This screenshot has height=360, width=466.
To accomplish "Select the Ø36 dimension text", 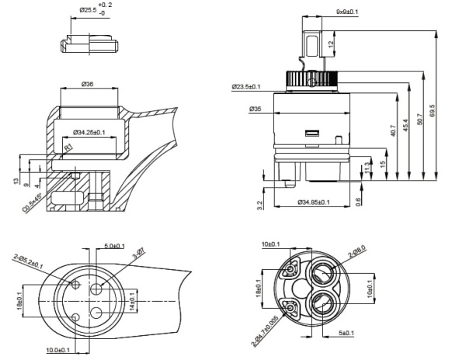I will pyautogui.click(x=87, y=85).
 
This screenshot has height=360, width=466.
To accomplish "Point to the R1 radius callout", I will pyautogui.click(x=68, y=147).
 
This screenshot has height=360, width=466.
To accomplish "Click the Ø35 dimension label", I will pyautogui.click(x=255, y=109).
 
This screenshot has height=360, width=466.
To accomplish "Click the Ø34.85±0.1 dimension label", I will pyautogui.click(x=314, y=202).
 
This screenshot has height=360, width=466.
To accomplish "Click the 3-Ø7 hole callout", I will pyautogui.click(x=139, y=253).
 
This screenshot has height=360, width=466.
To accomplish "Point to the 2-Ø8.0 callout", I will pyautogui.click(x=357, y=253).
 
